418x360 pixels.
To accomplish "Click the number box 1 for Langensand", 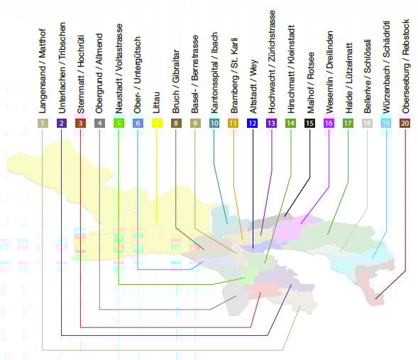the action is (x=43, y=124).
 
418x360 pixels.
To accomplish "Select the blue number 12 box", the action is (x=252, y=124).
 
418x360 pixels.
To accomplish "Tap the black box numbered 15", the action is (x=309, y=124).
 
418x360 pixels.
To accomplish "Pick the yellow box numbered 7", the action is (x=157, y=124).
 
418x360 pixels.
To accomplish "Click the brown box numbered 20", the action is (x=405, y=124).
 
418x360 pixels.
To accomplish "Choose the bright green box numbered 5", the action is (x=119, y=124).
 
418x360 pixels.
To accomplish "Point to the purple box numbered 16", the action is (x=329, y=124).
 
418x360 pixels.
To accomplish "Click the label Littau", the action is (x=156, y=102).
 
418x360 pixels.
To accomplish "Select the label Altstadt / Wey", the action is (x=253, y=87).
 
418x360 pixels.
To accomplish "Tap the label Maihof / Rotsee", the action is (x=311, y=83).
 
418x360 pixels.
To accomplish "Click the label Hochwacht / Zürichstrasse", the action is (x=272, y=62).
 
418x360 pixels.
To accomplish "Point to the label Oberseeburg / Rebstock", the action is (x=405, y=66).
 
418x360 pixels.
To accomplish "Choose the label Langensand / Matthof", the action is (x=43, y=71).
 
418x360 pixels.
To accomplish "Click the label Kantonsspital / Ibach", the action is (x=214, y=73).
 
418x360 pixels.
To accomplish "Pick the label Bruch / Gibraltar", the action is (x=176, y=82).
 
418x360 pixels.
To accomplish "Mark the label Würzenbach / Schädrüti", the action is (x=386, y=67).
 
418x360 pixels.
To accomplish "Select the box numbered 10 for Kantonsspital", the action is (x=214, y=124).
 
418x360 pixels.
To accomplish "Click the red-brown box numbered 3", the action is (x=81, y=124).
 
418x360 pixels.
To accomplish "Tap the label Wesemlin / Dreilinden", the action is (x=329, y=72).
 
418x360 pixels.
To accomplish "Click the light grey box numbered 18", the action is (x=367, y=124).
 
